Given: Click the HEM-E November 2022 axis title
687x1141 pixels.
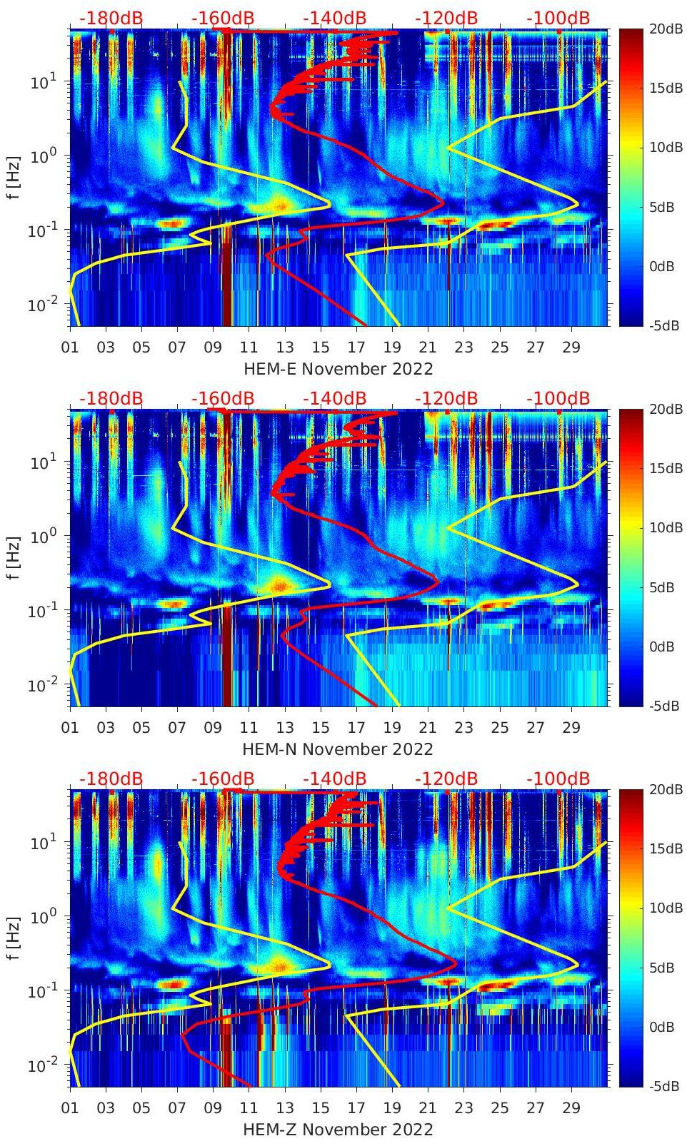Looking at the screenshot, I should coord(338,369).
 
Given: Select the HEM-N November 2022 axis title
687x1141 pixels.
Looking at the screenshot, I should coord(338,749).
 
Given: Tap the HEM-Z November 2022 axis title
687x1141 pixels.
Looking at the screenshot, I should coord(338,1130).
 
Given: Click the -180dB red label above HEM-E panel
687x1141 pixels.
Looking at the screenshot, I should coord(111,18).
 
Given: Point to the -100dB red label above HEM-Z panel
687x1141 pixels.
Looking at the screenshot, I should coord(558,779).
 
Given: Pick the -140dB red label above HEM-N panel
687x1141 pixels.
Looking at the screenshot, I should coord(334,398).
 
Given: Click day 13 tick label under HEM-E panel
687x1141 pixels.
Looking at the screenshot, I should coord(285,348).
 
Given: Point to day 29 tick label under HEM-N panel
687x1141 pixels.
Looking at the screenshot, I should coord(571,728).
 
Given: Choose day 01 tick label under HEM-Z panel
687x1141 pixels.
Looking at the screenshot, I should coord(70,1108).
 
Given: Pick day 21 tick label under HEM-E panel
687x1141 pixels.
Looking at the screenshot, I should coord(428,348).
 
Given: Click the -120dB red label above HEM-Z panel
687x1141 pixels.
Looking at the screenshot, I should coord(446,779).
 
